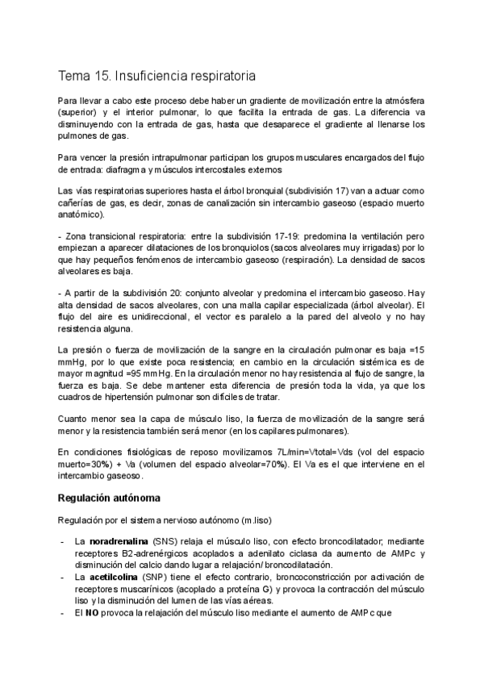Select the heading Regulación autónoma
109,498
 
